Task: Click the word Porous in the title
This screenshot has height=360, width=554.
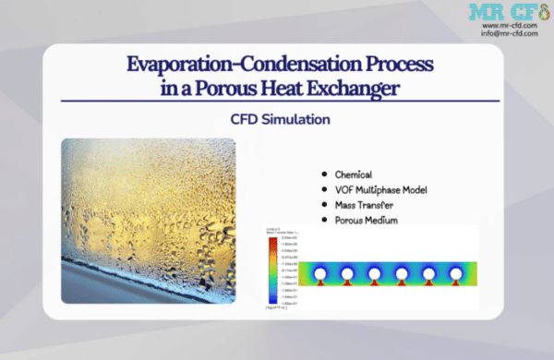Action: click(255, 88)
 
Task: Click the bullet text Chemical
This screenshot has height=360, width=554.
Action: click(353, 174)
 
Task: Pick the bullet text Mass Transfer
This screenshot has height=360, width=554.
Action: click(367, 204)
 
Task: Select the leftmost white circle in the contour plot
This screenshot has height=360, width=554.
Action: click(319, 274)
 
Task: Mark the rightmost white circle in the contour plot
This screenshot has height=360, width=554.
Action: click(458, 274)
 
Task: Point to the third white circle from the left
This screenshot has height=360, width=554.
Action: click(374, 274)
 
